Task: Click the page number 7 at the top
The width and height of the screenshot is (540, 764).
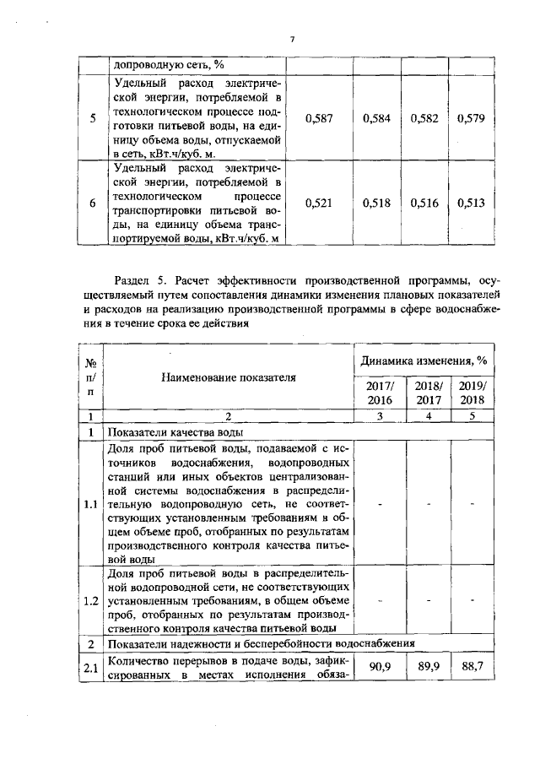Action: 291,39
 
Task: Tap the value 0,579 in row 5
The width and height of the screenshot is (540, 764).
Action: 470,119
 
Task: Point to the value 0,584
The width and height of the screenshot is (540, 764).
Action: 375,119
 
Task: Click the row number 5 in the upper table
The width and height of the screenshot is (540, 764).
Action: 91,119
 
